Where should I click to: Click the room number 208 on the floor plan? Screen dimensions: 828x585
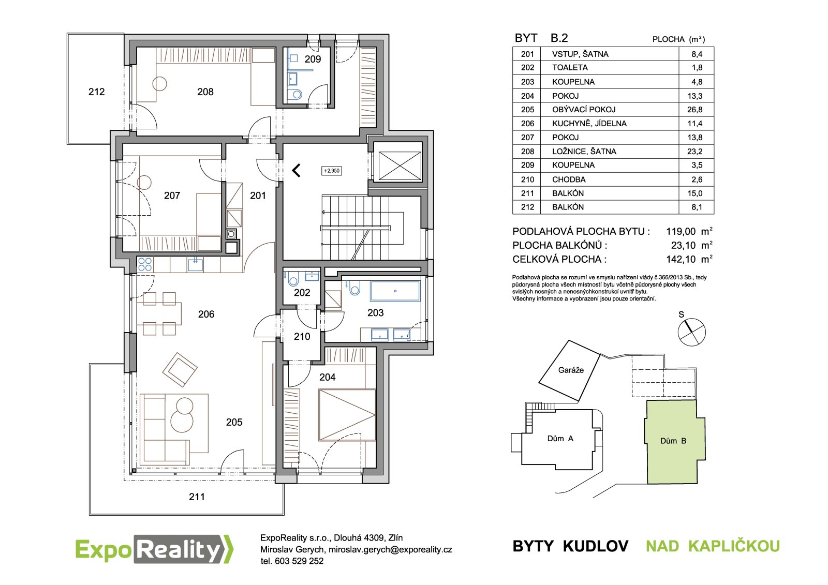pyautogui.click(x=205, y=92)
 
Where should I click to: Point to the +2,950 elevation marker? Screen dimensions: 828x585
pyautogui.click(x=332, y=171)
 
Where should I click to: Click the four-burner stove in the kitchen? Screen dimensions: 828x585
pyautogui.click(x=144, y=265)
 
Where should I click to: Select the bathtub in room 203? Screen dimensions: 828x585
pyautogui.click(x=395, y=291)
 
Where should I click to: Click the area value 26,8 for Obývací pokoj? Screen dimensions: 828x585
pyautogui.click(x=695, y=110)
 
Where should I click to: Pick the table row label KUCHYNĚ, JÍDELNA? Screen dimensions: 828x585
pyautogui.click(x=589, y=124)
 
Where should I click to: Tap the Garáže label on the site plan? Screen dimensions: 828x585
pyautogui.click(x=571, y=370)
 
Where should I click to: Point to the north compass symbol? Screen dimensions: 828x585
pyautogui.click(x=691, y=332)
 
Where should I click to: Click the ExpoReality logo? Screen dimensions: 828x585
pyautogui.click(x=155, y=549)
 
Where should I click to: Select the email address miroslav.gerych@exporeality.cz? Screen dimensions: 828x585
pyautogui.click(x=390, y=549)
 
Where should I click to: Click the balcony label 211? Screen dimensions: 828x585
pyautogui.click(x=197, y=497)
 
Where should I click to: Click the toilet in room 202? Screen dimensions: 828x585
pyautogui.click(x=292, y=278)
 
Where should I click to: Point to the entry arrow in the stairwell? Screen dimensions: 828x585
pyautogui.click(x=297, y=170)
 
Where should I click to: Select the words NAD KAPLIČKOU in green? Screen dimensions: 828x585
pyautogui.click(x=713, y=546)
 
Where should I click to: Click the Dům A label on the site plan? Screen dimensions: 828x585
pyautogui.click(x=560, y=438)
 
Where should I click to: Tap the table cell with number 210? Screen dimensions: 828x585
pyautogui.click(x=527, y=179)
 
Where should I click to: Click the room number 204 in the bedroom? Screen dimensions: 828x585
pyautogui.click(x=328, y=377)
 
